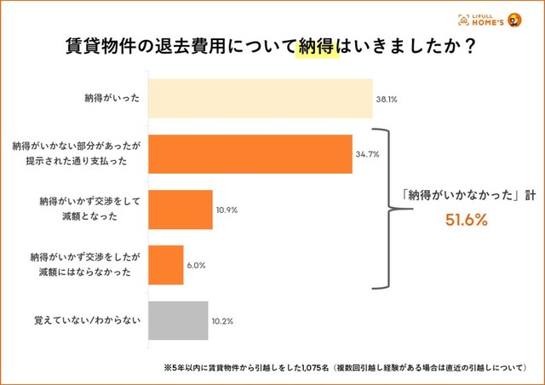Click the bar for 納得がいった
pos(261,99)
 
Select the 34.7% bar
pos(250,154)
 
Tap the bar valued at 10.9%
pos(181,210)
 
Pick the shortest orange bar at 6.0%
pos(166,265)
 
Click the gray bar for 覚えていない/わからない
pos(179,320)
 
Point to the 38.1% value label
pos(387,100)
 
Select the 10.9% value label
pos(227,210)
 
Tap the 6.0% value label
pos(196,265)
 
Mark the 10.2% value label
pos(221,321)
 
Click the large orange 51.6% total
pos(467,220)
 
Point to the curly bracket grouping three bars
pos(384,210)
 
